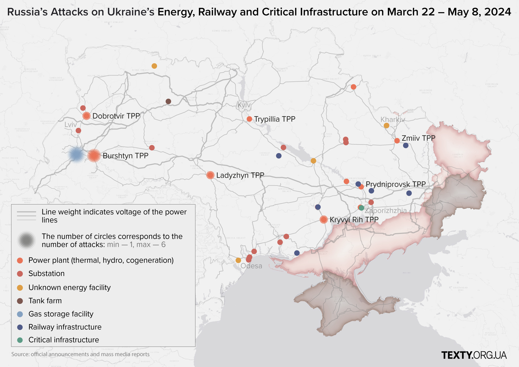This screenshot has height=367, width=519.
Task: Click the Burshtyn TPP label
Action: tap(125, 156)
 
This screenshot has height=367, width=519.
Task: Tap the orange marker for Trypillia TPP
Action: tap(249, 119)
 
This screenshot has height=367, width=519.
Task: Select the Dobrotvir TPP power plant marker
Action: tap(86, 116)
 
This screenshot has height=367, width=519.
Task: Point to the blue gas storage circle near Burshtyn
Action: tap(76, 155)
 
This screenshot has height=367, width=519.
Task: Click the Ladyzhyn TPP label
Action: tap(240, 175)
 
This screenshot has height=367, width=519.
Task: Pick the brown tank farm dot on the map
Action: tap(168, 101)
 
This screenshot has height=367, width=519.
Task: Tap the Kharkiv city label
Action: tap(392, 120)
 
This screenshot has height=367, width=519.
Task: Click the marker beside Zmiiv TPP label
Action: tap(397, 141)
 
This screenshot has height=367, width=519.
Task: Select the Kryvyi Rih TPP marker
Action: tap(324, 220)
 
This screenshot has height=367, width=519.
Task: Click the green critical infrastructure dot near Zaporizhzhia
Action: tap(362, 208)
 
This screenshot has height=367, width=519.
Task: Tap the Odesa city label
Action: tap(251, 266)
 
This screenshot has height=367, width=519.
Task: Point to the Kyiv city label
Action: tap(244, 105)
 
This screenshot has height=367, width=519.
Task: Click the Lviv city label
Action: tap(71, 125)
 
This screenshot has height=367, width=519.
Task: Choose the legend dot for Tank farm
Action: tap(20, 301)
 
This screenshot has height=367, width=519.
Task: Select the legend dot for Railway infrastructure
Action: tap(20, 327)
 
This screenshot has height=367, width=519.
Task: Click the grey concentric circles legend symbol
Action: tap(26, 240)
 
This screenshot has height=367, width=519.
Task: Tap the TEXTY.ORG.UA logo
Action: tap(474, 355)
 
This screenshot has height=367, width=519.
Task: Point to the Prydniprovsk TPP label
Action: tap(395, 184)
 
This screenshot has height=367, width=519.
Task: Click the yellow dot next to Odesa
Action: tap(238, 260)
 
